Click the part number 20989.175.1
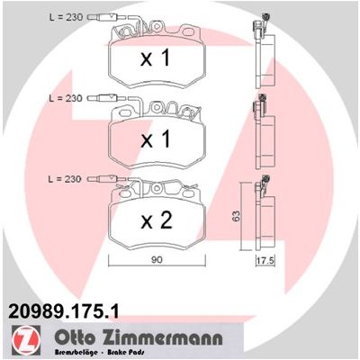(64, 311)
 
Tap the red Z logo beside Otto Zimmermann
(26, 339)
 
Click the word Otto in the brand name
(74, 337)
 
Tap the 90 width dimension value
(157, 260)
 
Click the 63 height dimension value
(237, 216)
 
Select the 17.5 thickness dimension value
(265, 261)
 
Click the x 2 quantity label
(157, 220)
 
